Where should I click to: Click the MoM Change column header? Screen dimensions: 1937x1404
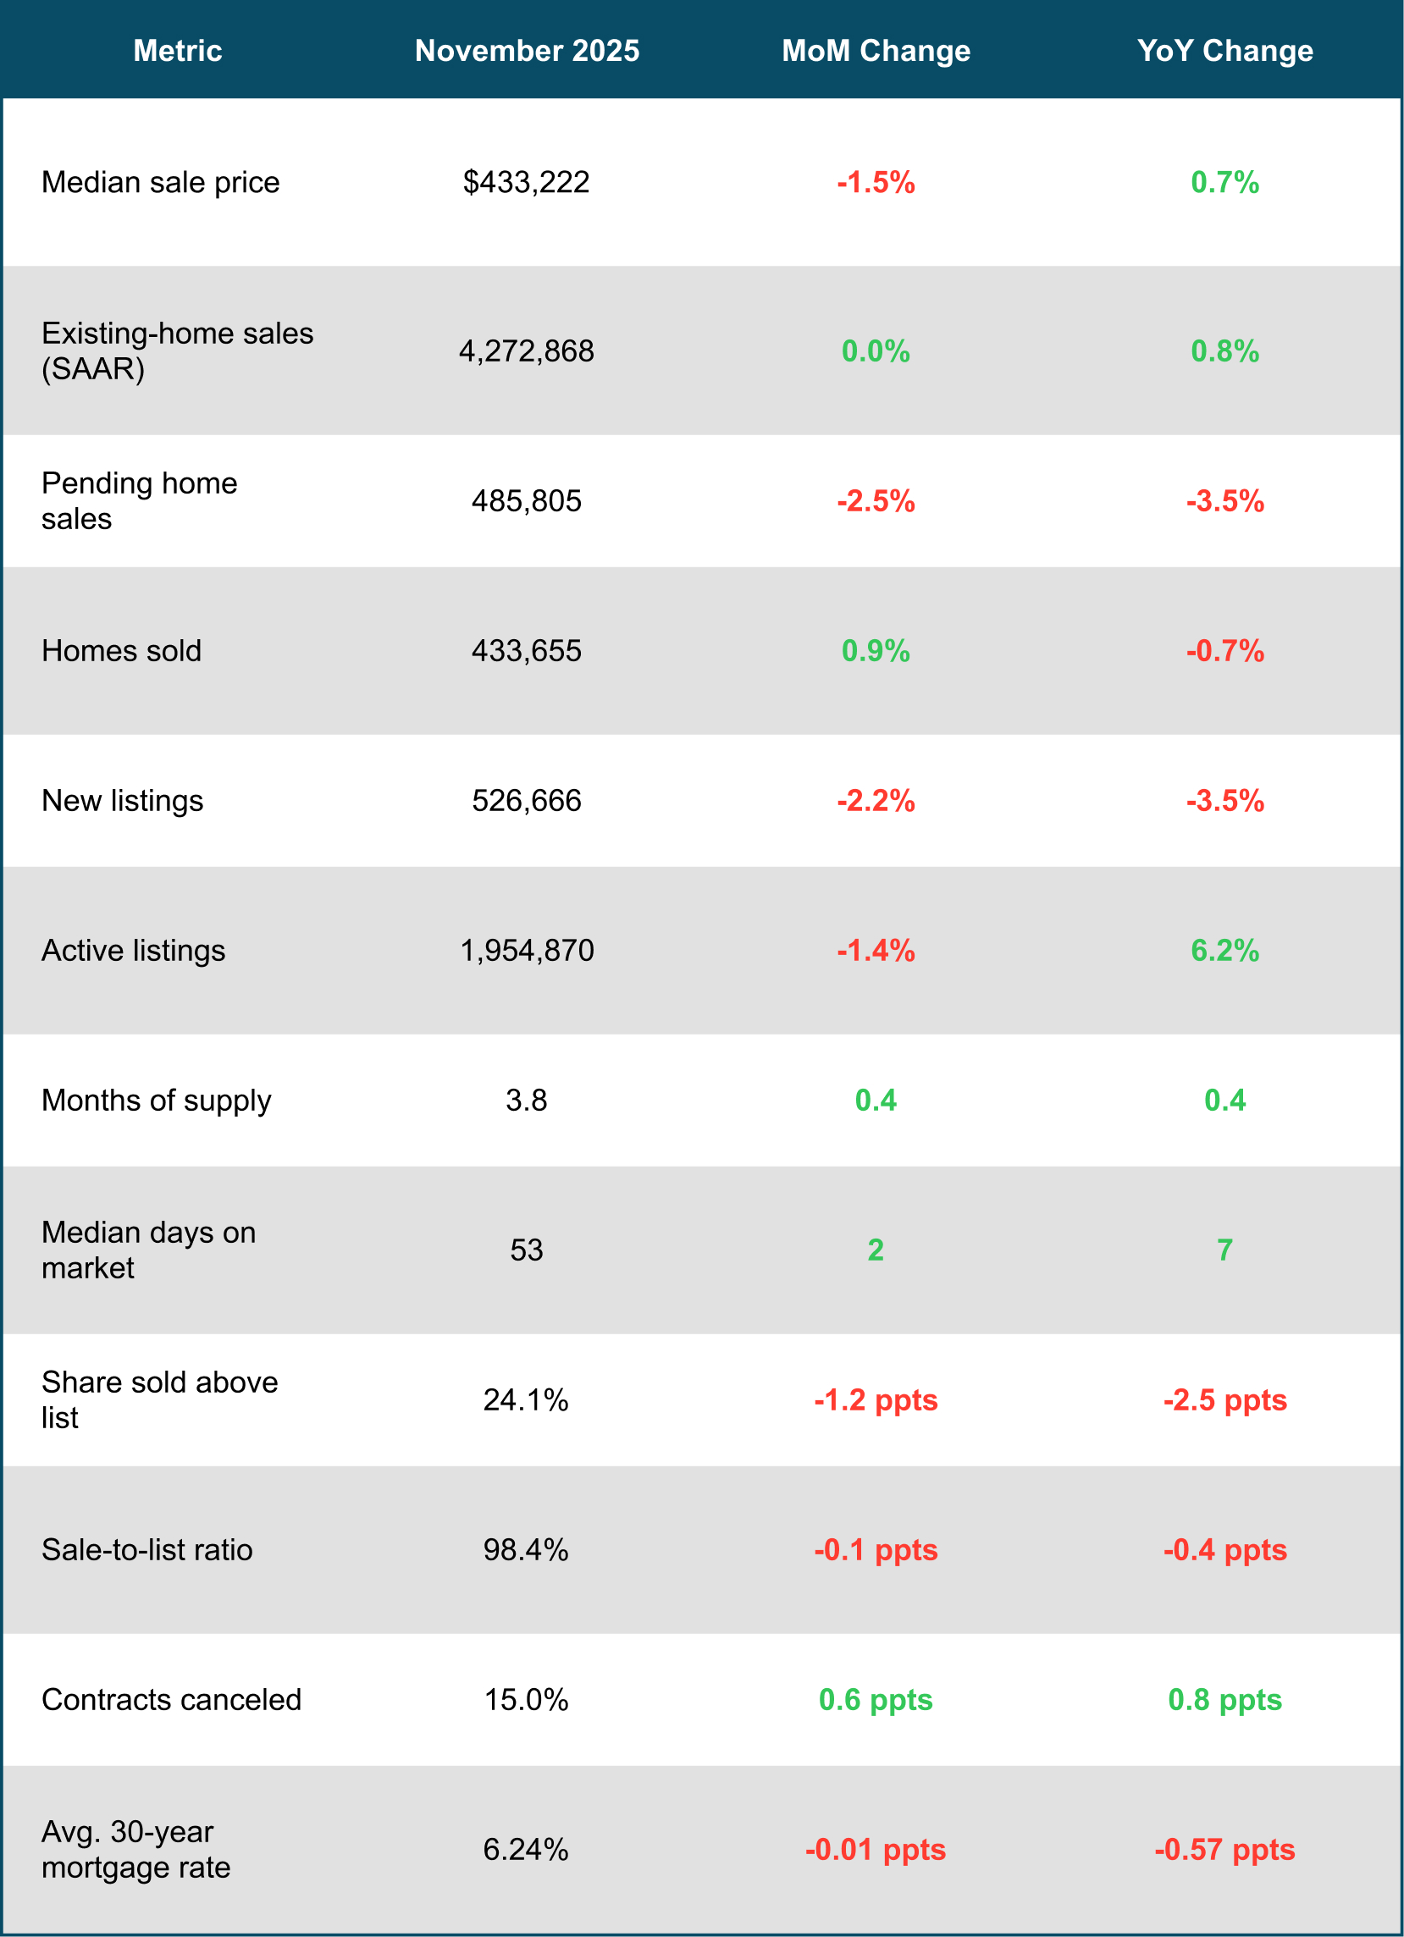pos(876,52)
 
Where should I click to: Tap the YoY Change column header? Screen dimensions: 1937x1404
pos(1224,52)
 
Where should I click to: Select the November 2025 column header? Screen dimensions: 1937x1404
pos(527,52)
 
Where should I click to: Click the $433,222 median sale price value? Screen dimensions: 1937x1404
pos(526,182)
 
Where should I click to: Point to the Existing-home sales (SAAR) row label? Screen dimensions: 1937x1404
pos(178,351)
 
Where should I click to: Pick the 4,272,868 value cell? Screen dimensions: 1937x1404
pos(526,351)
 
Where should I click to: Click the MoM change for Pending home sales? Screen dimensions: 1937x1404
pos(876,501)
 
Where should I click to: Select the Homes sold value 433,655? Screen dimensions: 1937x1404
pos(526,651)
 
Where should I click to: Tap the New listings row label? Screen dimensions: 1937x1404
pos(122,801)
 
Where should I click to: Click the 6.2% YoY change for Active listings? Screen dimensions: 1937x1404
pos(1224,951)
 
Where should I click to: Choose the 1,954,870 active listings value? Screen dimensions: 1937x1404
pos(526,951)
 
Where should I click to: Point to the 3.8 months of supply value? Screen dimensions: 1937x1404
pos(526,1100)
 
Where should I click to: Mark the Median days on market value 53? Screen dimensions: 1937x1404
pos(526,1250)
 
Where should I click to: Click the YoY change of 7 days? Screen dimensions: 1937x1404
pos(1224,1250)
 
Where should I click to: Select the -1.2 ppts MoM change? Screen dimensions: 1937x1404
pos(876,1399)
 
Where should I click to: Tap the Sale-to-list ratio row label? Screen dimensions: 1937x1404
pos(146,1550)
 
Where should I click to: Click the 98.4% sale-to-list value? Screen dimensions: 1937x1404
pos(526,1550)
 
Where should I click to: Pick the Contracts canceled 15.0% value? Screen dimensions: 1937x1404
pos(526,1700)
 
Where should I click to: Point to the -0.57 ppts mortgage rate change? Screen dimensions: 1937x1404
pos(1224,1850)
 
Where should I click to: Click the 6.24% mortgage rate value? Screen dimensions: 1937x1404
pos(526,1850)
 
